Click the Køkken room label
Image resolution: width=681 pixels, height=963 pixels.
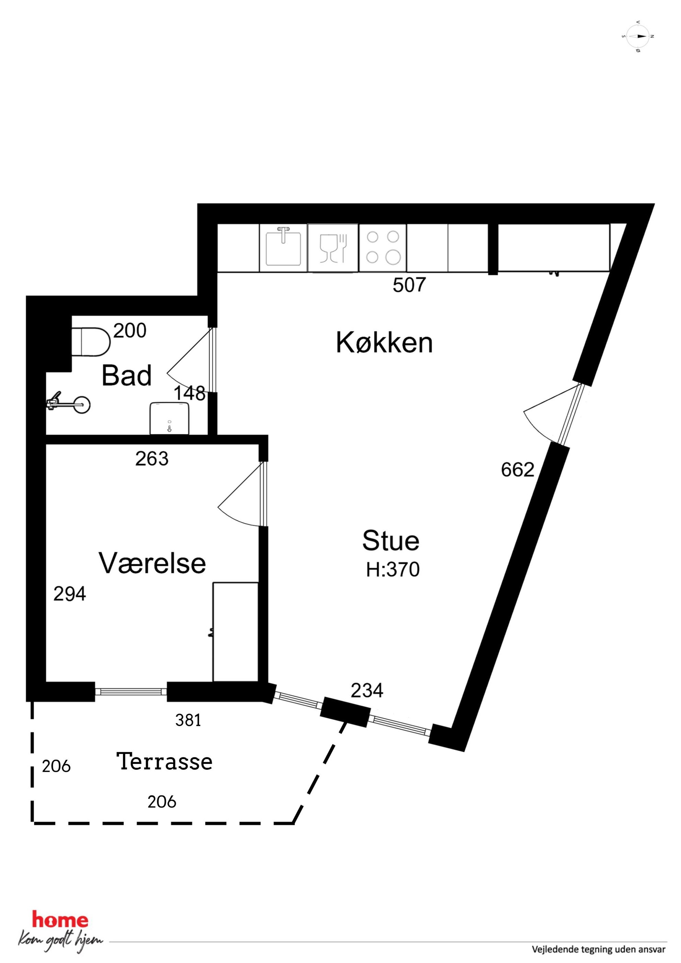tap(384, 343)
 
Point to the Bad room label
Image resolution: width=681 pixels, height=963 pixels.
tap(126, 375)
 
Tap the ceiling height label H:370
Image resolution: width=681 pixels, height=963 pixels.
tap(393, 570)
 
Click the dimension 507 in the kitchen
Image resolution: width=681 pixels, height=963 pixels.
tap(409, 285)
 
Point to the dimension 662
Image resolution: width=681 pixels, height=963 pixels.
tap(517, 470)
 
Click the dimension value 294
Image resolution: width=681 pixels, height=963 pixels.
tap(70, 594)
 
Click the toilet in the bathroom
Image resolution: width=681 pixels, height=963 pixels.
tap(91, 342)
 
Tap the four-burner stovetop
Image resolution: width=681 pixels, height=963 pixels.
tap(383, 247)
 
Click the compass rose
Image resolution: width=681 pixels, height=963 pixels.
tap(638, 36)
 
